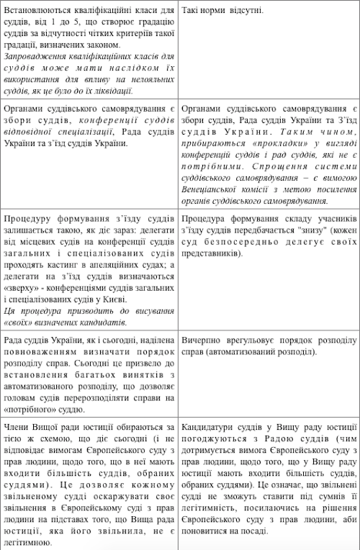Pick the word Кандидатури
coord(212,425)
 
